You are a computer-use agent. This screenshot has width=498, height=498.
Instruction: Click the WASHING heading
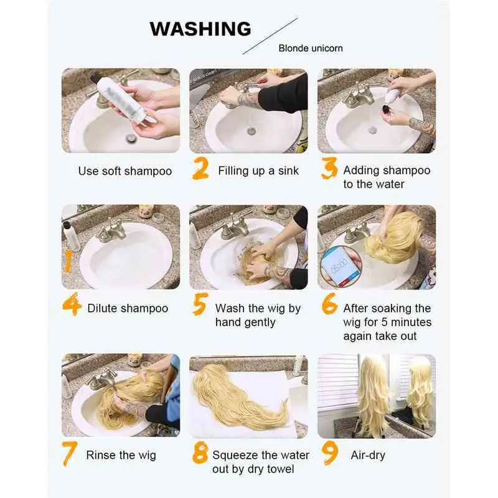200,29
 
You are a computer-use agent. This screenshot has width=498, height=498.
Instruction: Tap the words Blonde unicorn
311,49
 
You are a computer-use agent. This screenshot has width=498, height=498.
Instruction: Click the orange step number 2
200,168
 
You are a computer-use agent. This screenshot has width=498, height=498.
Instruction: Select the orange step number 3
329,168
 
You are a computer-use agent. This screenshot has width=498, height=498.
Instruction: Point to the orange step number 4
70,304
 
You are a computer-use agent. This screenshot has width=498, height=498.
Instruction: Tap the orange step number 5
200,304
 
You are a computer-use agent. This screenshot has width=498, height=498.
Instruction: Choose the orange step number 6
330,304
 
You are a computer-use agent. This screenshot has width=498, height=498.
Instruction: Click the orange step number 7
70,454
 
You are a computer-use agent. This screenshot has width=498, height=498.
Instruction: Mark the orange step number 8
200,453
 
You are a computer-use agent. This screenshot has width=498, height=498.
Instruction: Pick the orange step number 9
330,454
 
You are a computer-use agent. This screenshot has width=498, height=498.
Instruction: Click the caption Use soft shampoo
125,171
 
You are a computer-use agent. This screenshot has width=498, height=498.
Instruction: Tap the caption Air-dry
368,456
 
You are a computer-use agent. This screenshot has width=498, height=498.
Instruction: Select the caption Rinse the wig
121,456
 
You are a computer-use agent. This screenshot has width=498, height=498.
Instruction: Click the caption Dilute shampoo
128,308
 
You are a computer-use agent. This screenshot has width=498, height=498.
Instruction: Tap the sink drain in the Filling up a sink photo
251,131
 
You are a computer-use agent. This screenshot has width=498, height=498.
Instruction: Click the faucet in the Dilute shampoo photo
112,230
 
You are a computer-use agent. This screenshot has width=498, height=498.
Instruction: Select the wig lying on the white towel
240,398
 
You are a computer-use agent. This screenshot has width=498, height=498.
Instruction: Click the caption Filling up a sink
258,171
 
